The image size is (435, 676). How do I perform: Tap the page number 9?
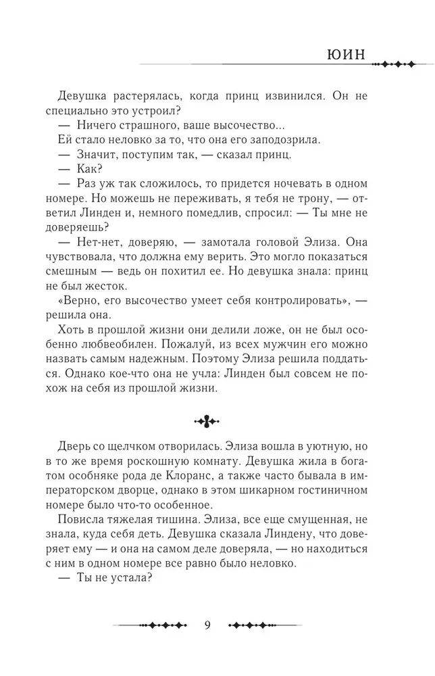coord(207,623)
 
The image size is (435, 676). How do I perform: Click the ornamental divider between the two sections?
coord(207,422)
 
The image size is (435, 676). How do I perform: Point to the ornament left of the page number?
coord(152,624)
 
